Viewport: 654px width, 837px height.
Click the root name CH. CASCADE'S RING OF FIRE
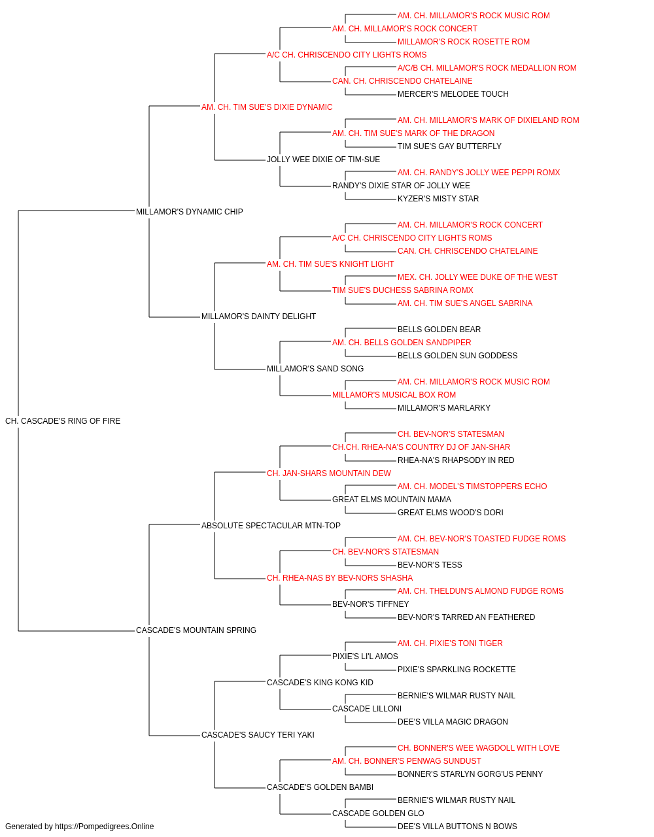click(63, 420)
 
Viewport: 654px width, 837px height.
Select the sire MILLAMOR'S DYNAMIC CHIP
click(190, 211)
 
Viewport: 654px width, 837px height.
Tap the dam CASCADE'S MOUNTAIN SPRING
click(196, 630)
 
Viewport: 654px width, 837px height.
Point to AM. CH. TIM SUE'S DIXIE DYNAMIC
click(267, 107)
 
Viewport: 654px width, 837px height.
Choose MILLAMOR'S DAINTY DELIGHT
click(258, 316)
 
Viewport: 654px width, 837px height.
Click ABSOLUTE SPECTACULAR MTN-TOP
click(271, 525)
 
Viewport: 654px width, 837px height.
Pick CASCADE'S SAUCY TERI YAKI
click(258, 734)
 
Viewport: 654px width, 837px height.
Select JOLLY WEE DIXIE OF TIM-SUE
click(324, 160)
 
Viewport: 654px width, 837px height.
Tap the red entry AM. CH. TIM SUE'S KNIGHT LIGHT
click(330, 264)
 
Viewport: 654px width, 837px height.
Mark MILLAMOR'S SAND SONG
click(315, 369)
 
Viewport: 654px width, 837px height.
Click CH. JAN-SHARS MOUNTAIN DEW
click(329, 473)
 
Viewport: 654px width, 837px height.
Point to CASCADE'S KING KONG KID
click(320, 683)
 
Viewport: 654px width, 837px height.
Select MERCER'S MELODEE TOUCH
click(453, 94)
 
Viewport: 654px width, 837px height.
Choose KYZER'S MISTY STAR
click(438, 198)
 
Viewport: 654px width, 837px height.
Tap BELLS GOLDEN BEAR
click(439, 330)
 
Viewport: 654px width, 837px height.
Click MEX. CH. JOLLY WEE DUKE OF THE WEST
click(477, 277)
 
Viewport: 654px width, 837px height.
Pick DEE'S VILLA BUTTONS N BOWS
click(457, 827)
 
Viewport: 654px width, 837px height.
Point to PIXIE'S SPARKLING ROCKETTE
click(456, 670)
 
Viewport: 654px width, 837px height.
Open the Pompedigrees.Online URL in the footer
click(105, 827)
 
